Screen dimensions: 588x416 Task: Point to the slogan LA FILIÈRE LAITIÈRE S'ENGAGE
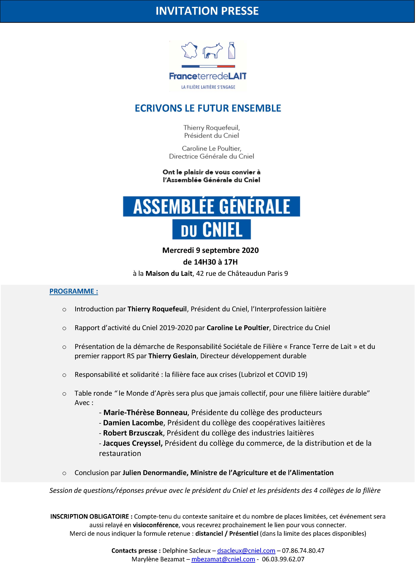pos(208,87)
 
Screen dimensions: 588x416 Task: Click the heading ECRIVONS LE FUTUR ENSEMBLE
pos(208,108)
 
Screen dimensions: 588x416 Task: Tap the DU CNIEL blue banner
pos(211,229)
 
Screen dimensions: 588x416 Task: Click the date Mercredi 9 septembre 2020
pos(210,250)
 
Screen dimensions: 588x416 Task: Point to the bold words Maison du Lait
pos(169,273)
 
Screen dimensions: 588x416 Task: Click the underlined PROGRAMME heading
pos(74,291)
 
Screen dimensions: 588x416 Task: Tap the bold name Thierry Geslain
pos(172,356)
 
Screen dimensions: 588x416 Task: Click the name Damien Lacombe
pos(133,423)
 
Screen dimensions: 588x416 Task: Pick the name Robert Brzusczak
pos(133,433)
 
